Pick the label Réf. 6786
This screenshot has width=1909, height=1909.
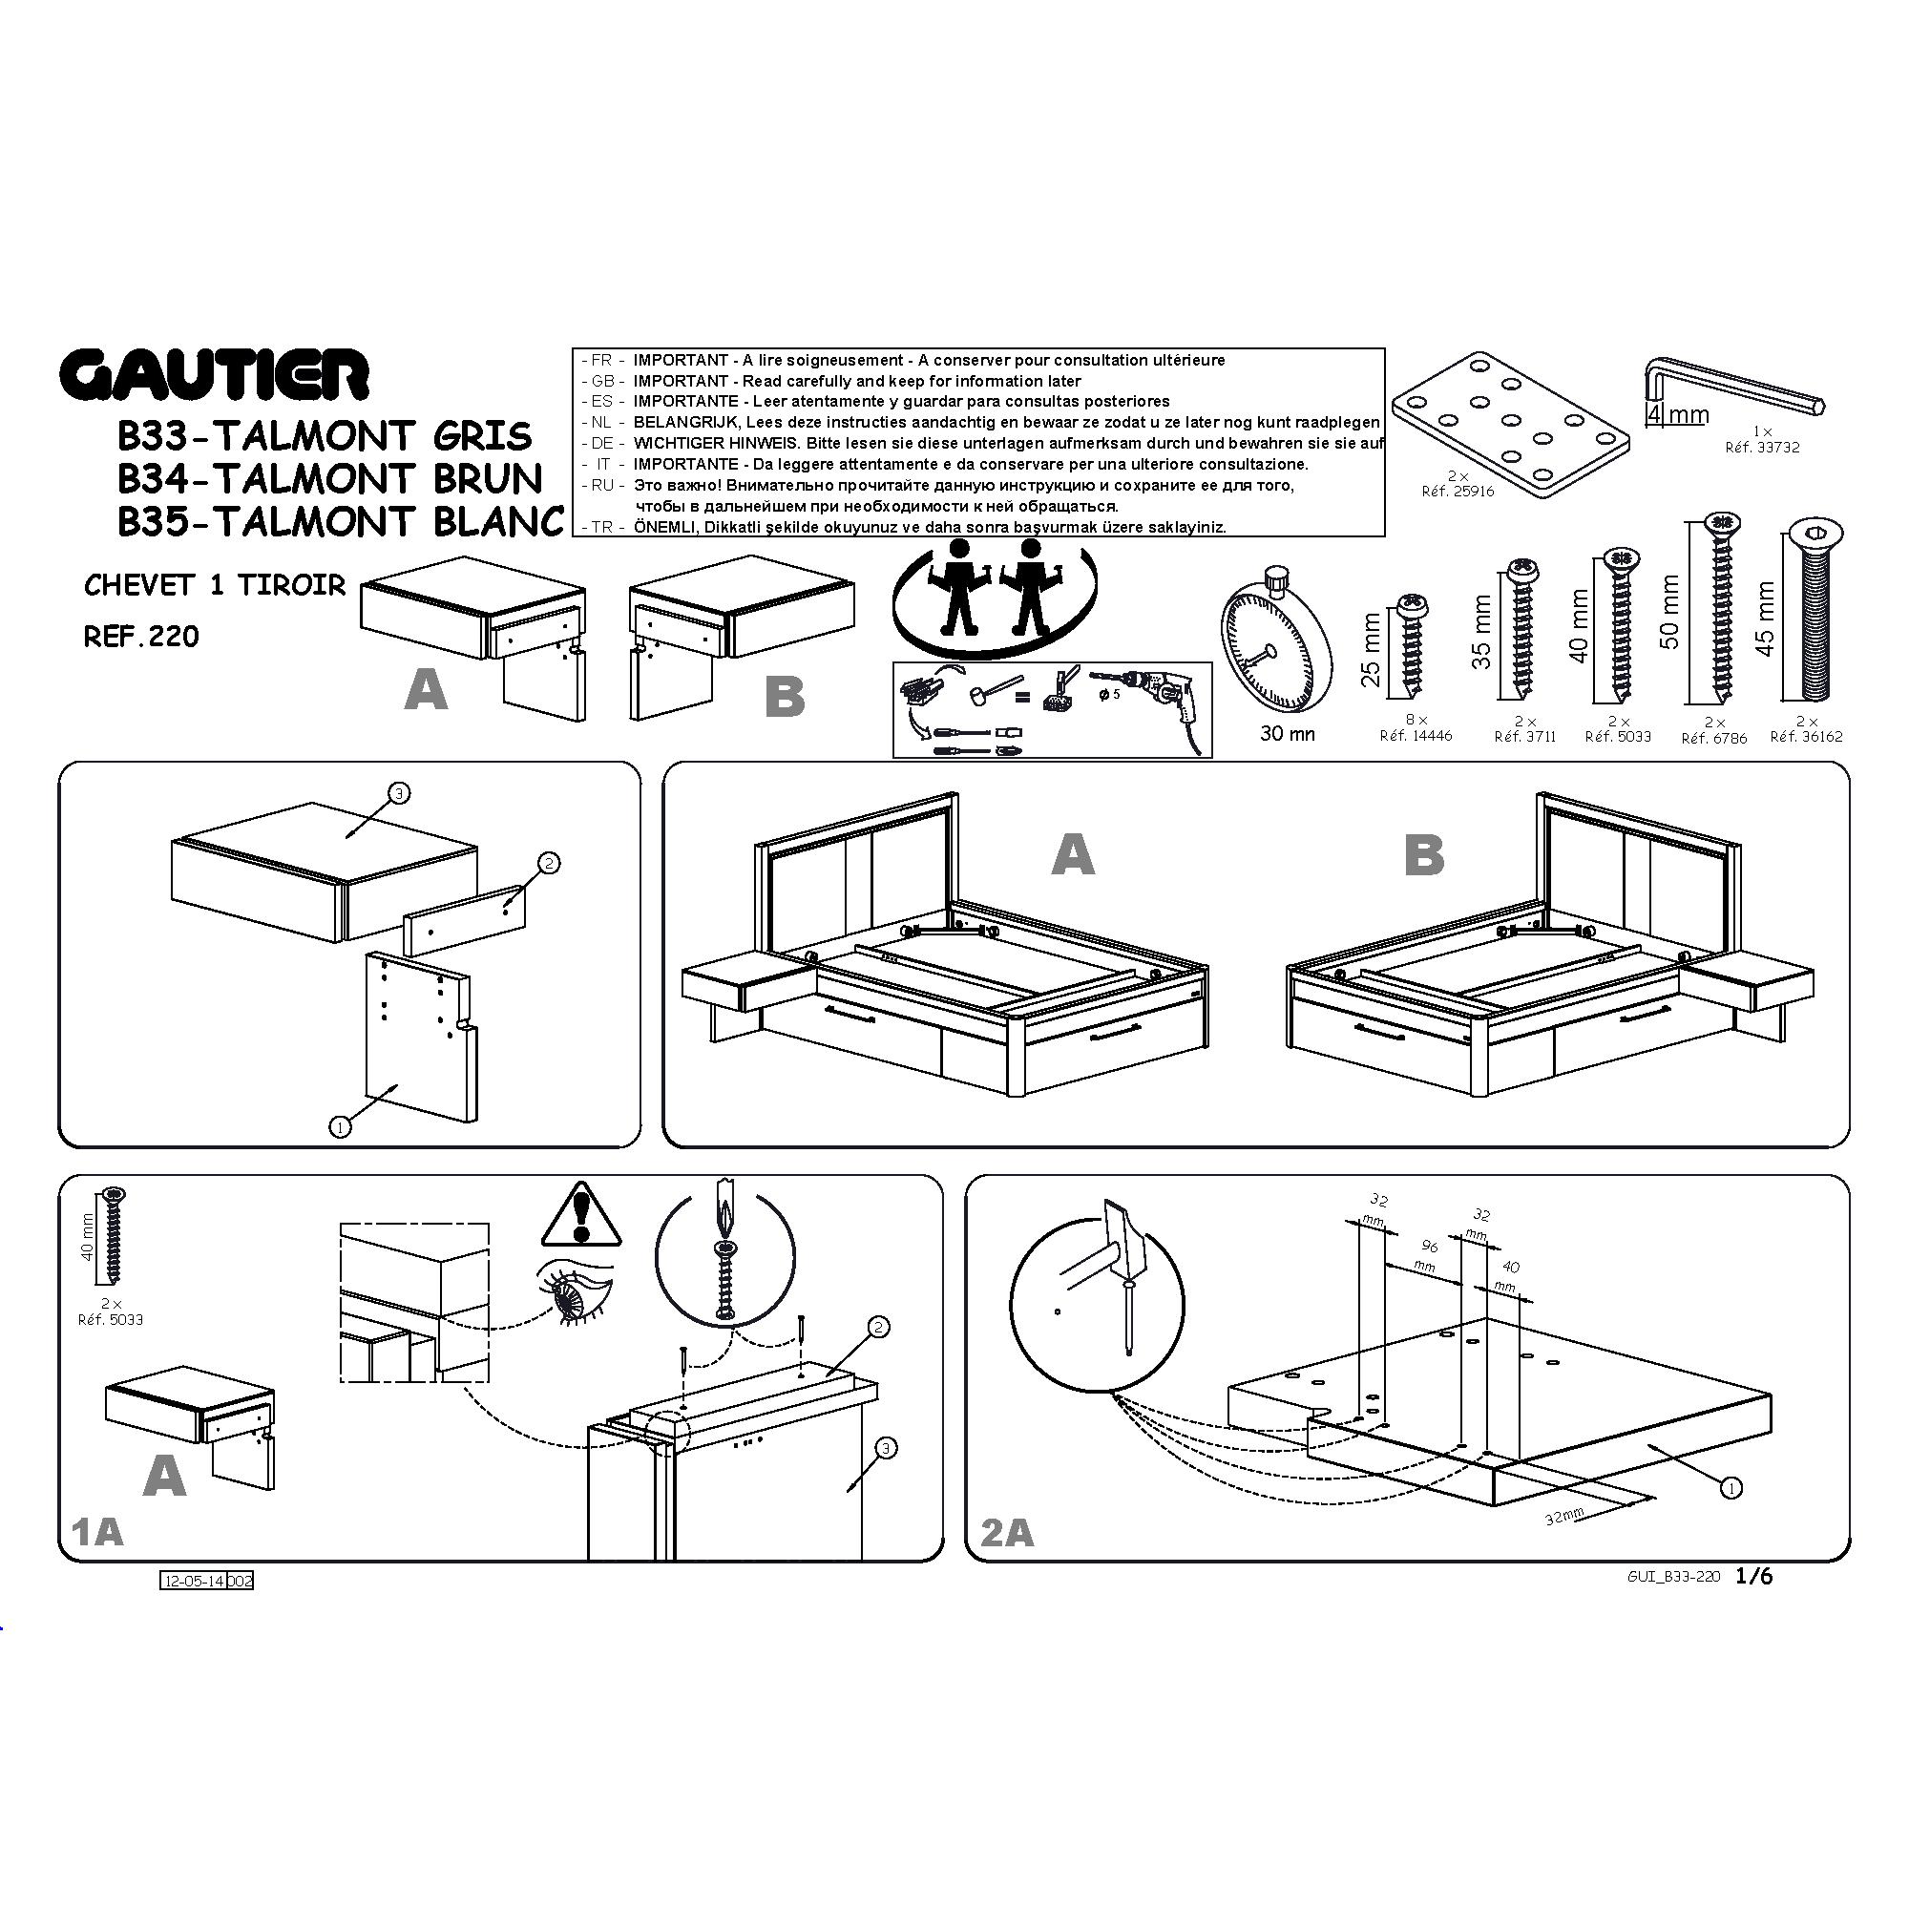coord(1714,738)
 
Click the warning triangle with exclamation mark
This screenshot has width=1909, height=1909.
coord(581,1216)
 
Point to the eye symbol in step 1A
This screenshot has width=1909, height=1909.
coord(575,1294)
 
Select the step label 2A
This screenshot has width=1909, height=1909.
coord(1007,1533)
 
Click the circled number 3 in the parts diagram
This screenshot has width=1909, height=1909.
coord(398,792)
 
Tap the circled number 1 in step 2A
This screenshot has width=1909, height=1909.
coord(1731,1486)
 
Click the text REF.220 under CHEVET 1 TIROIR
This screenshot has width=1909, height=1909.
coord(141,637)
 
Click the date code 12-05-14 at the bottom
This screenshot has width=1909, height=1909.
coord(194,1581)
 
